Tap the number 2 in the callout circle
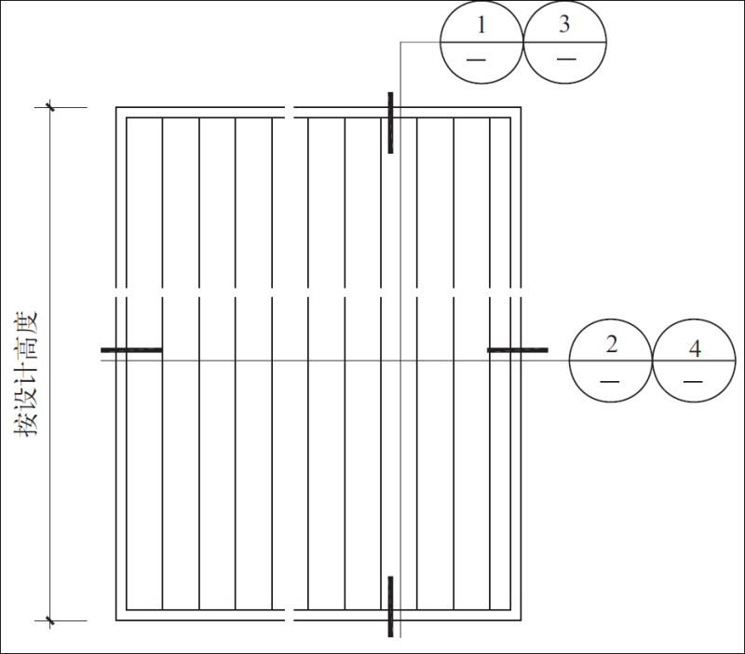(x=611, y=344)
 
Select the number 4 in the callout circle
(x=694, y=348)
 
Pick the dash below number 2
(x=610, y=381)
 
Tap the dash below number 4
(x=693, y=381)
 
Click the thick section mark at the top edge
(x=390, y=122)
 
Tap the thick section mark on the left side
(x=131, y=350)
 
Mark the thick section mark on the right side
(x=518, y=350)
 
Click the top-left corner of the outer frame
(x=116, y=108)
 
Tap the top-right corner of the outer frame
(x=521, y=108)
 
